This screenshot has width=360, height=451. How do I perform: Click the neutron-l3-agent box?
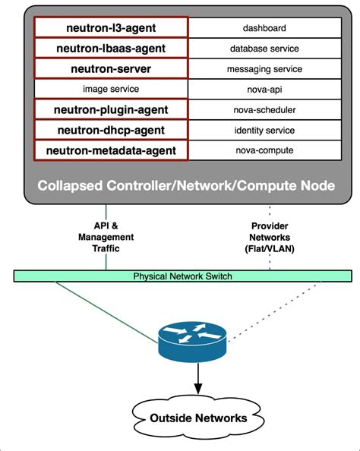[x=111, y=28]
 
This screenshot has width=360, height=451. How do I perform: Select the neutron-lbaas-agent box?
[x=111, y=49]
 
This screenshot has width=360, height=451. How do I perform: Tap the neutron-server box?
[x=111, y=69]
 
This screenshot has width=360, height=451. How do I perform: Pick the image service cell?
[x=111, y=89]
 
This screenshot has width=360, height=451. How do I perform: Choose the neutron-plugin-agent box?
[x=111, y=109]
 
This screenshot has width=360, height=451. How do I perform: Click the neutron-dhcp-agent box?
[x=111, y=130]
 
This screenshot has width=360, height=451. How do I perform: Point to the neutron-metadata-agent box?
[x=111, y=150]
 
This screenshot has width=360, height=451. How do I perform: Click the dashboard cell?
[x=264, y=28]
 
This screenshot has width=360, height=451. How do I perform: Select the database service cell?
[x=264, y=49]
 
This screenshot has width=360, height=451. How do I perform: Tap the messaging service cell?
[x=264, y=69]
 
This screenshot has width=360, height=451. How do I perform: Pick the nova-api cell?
[x=264, y=89]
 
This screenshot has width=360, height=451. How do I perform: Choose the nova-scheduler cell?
[x=264, y=109]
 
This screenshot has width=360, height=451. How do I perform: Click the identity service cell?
[x=264, y=130]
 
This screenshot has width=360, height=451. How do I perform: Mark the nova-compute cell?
[x=264, y=150]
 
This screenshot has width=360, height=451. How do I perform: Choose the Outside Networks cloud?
[x=197, y=418]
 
